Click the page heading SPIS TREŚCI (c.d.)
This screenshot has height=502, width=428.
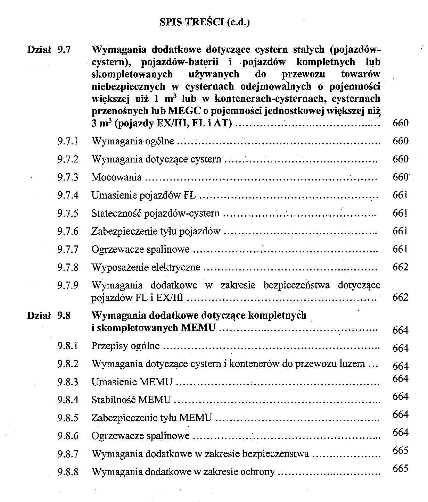[205, 22]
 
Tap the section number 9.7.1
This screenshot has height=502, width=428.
[68, 141]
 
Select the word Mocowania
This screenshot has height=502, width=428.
[116, 177]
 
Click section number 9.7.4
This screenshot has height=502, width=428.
[68, 195]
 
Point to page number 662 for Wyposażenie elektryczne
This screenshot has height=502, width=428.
[400, 267]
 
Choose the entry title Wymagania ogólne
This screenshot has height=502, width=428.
[133, 141]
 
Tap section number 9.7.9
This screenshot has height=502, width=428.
[68, 285]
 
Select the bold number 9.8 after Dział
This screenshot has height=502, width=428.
[64, 316]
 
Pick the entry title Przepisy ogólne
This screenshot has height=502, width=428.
[125, 346]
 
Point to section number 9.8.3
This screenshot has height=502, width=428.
[68, 382]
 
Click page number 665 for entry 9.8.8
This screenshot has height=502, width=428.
[400, 468]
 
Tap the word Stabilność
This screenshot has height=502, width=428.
[114, 400]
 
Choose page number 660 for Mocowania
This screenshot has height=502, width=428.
[400, 177]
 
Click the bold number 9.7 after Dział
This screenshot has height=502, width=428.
[64, 50]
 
